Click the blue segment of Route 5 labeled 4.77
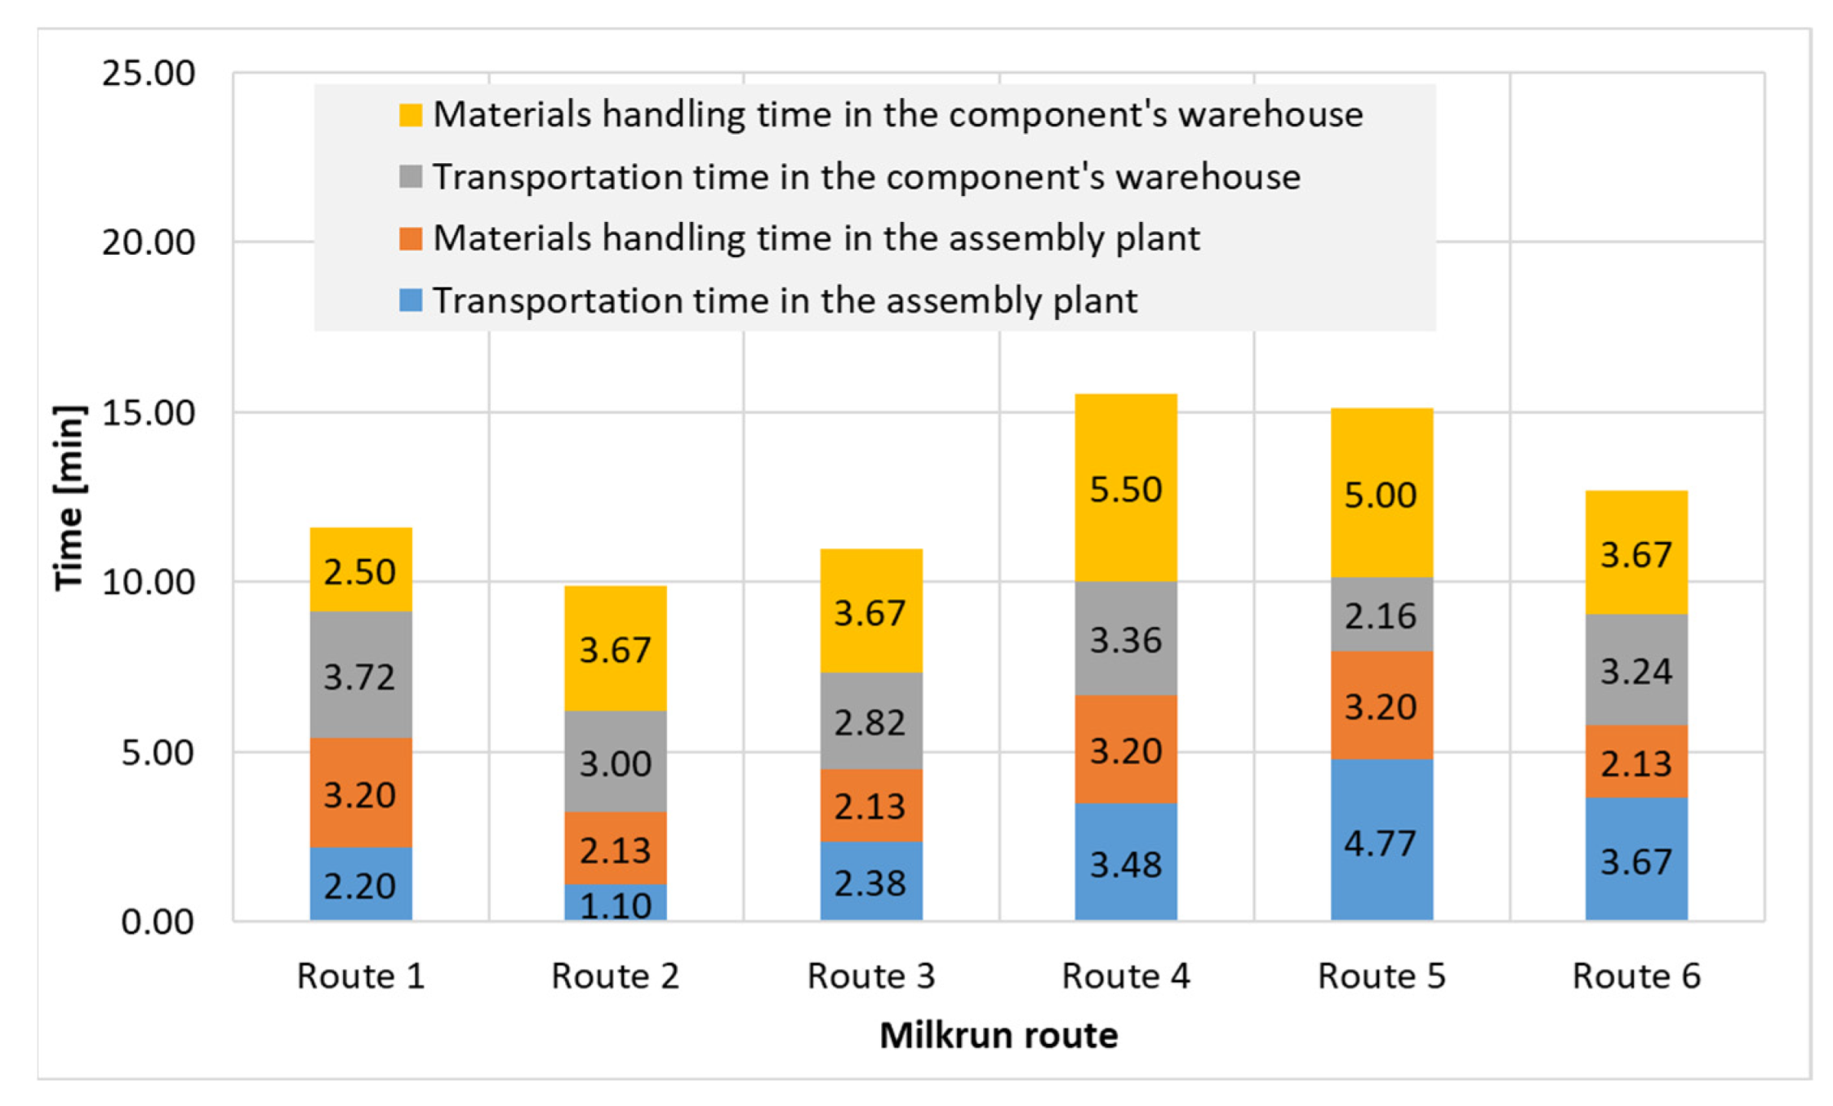point(1381,841)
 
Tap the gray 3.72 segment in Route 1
point(360,676)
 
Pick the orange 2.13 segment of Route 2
point(615,849)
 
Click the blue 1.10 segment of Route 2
point(615,903)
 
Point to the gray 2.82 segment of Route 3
point(870,722)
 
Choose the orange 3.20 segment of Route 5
point(1381,705)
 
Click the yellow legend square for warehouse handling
point(411,115)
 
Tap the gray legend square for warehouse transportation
point(411,177)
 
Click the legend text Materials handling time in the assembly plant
point(816,238)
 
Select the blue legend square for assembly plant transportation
point(411,300)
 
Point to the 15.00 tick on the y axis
point(148,412)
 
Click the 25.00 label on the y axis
point(148,73)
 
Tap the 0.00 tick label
point(157,922)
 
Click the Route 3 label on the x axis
point(870,975)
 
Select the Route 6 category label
point(1635,975)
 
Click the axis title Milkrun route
point(998,1035)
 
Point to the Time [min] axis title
point(69,498)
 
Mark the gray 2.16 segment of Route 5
point(1381,615)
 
